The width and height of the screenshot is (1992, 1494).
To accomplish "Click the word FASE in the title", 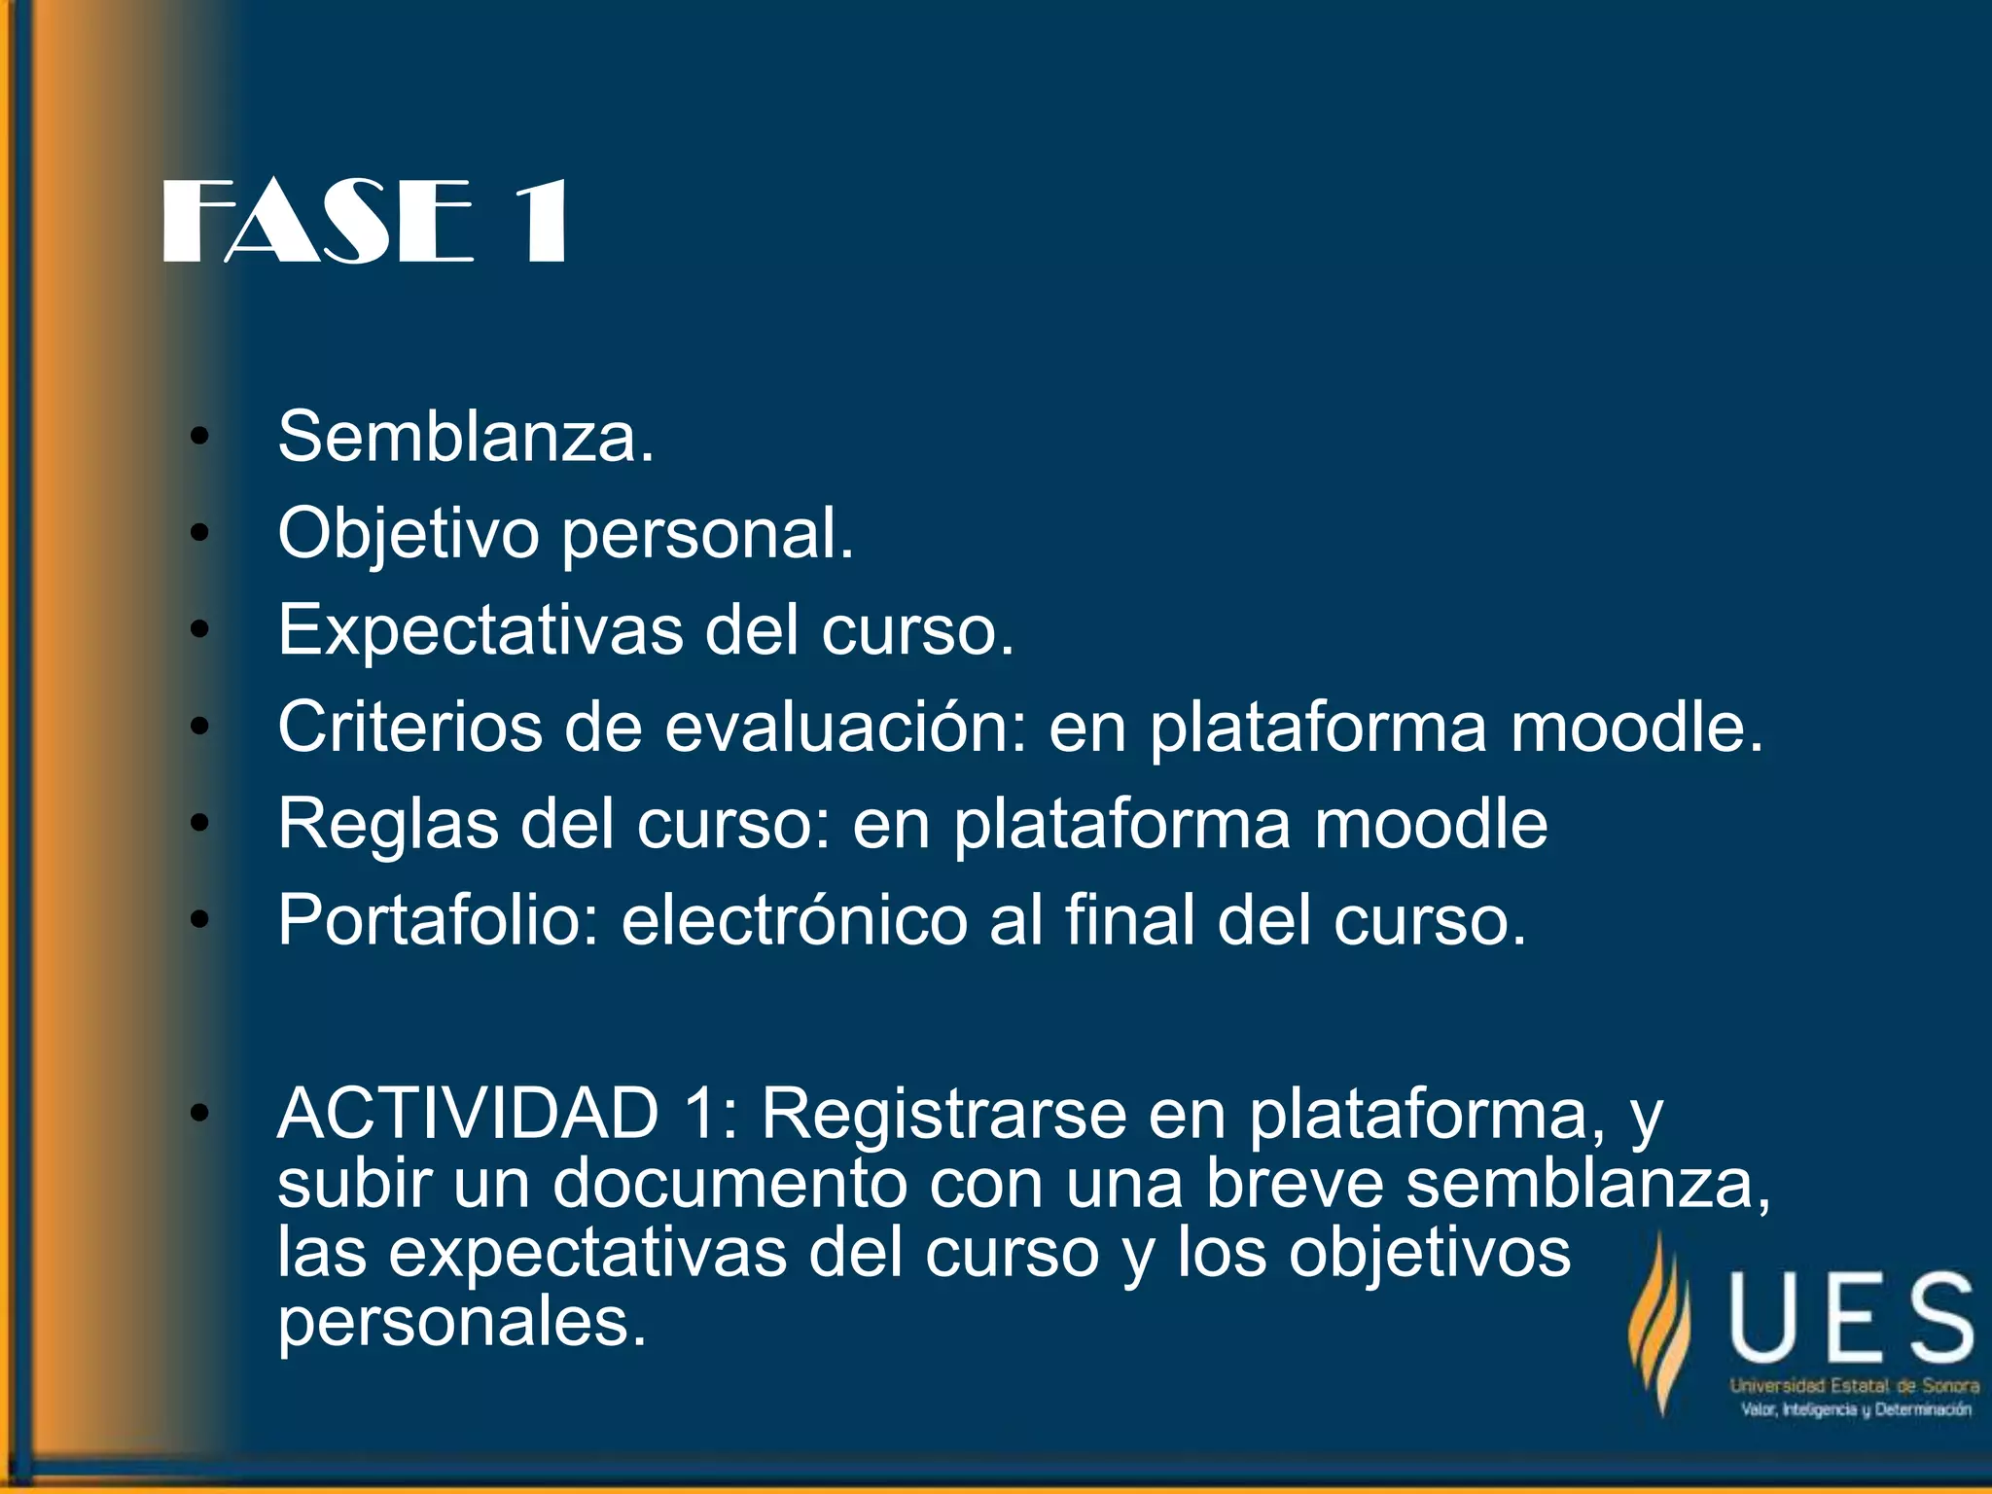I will click(x=317, y=223).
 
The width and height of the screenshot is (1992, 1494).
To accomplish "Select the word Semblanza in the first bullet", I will click(x=465, y=437).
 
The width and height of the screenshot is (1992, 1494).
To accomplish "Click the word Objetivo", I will click(x=408, y=534).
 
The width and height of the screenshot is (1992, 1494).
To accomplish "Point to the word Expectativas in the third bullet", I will click(x=480, y=630).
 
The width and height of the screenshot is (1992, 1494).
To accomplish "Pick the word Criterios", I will click(x=409, y=727).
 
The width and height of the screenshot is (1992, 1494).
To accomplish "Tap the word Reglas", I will click(x=388, y=824).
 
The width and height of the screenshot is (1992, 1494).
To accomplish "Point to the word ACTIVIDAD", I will click(x=468, y=1113).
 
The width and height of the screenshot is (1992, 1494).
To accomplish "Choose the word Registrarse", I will click(x=943, y=1113).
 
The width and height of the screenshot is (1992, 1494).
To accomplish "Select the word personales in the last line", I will click(x=461, y=1323).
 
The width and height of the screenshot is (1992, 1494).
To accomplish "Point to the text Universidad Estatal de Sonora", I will click(x=1854, y=1386).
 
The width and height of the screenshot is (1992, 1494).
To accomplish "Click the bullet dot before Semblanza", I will click(x=199, y=437).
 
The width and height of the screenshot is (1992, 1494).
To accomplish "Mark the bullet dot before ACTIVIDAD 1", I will click(x=199, y=1113).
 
